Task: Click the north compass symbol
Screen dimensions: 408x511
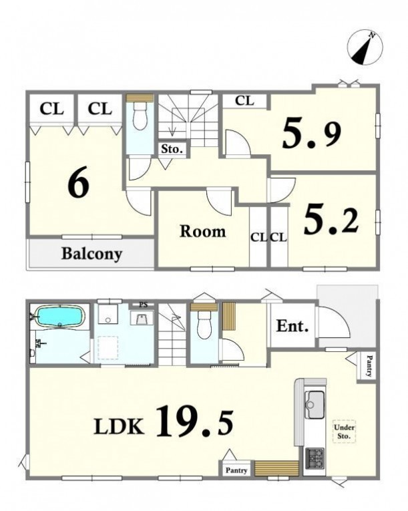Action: (365, 47)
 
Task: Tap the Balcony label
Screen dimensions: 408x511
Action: (92, 254)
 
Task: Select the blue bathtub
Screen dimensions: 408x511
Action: (59, 316)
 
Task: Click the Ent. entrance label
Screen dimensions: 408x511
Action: (292, 326)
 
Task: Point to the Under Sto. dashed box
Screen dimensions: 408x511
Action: (344, 432)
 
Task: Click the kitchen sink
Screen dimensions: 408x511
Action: (315, 404)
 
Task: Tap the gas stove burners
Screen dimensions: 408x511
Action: (315, 458)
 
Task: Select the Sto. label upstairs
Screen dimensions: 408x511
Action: (172, 149)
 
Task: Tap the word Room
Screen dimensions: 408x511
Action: (203, 231)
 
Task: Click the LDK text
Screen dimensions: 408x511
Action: (119, 426)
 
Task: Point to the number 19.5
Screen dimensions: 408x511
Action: (195, 421)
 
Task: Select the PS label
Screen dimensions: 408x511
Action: (144, 305)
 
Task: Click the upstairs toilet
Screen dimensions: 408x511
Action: (140, 114)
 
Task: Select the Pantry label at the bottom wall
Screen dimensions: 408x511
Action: (236, 470)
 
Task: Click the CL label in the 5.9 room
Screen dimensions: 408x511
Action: (244, 101)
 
